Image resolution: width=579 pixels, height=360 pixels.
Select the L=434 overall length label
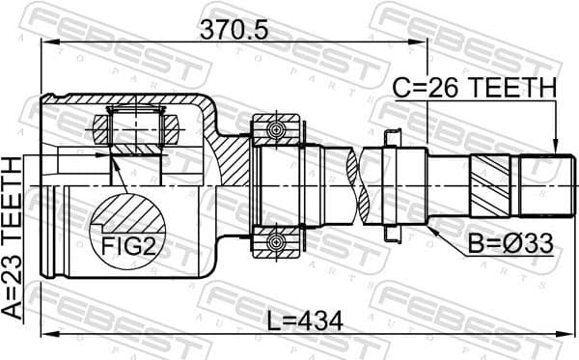click(305, 319)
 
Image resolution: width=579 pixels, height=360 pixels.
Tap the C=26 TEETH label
click(474, 88)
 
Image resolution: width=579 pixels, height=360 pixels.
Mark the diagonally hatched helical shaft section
click(486, 185)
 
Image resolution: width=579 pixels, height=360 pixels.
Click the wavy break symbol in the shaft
click(362, 185)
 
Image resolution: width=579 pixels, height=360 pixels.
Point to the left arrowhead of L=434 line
click(44, 334)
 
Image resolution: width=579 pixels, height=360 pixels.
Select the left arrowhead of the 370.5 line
click(44, 42)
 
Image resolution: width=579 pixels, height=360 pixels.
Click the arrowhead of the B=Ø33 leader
click(431, 226)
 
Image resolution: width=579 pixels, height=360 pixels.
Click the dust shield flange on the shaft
click(394, 185)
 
